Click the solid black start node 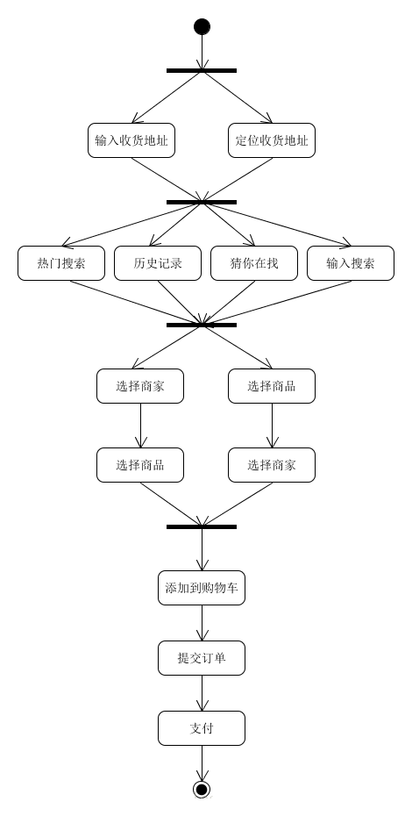point(202,26)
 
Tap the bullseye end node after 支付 point(202,790)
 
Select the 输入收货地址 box point(131,140)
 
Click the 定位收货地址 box point(272,140)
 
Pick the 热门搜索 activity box point(61,263)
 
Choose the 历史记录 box point(158,263)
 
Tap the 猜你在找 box point(254,263)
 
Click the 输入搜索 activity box point(351,263)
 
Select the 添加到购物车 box point(202,588)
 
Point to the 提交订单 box point(202,658)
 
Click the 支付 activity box point(202,728)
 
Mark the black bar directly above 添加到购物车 point(202,526)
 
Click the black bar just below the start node point(202,70)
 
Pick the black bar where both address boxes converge point(202,202)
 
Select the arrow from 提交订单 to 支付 point(202,693)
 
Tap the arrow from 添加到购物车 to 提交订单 point(202,623)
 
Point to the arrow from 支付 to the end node point(202,763)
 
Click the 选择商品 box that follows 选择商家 point(140,465)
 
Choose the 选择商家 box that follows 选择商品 point(272,465)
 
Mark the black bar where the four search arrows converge point(202,325)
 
